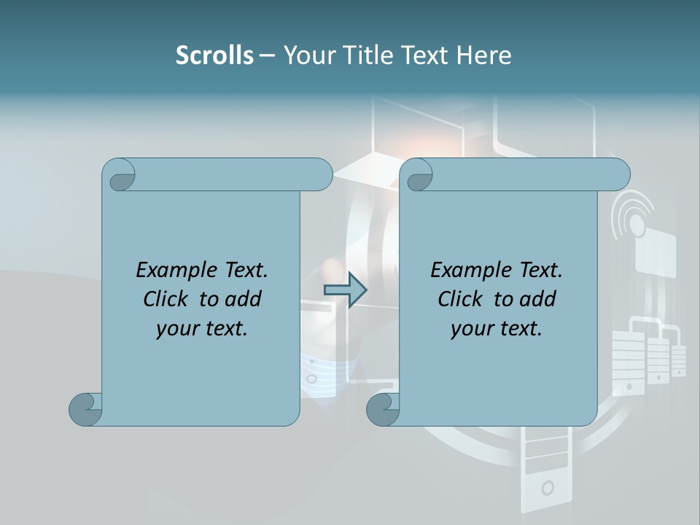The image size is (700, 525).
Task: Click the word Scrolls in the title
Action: (x=214, y=55)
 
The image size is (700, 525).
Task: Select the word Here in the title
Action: (x=484, y=55)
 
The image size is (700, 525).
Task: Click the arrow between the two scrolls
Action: (x=345, y=290)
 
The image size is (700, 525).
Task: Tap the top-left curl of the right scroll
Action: (x=419, y=176)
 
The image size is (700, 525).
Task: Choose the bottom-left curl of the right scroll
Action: (x=383, y=409)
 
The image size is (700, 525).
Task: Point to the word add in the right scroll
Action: (x=538, y=299)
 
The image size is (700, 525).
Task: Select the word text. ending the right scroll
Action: (x=518, y=329)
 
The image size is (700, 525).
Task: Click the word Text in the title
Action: (x=424, y=55)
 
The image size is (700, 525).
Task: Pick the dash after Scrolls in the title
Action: (x=267, y=55)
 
